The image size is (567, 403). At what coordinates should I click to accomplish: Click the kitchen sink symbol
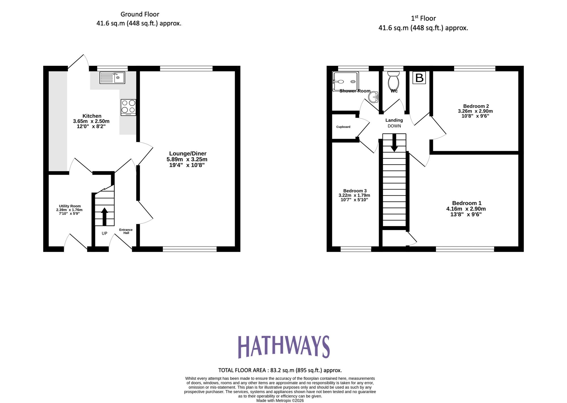(x=112, y=78)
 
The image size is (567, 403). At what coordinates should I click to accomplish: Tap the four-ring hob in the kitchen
(x=128, y=107)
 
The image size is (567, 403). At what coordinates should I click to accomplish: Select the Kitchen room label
(x=92, y=116)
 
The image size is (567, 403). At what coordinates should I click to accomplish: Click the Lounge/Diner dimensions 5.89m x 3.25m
(x=187, y=159)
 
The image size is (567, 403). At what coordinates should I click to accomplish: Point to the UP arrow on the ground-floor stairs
(x=104, y=216)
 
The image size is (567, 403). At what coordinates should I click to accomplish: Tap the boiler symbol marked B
(x=419, y=78)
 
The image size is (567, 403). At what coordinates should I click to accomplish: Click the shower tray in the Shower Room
(x=345, y=82)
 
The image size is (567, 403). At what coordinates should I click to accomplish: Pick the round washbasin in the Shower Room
(x=374, y=97)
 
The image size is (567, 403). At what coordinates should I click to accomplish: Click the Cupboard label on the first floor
(x=343, y=127)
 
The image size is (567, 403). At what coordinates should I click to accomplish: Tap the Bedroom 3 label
(x=355, y=191)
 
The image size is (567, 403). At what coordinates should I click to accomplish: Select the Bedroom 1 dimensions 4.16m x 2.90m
(x=466, y=209)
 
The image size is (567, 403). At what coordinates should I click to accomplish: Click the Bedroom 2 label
(x=476, y=106)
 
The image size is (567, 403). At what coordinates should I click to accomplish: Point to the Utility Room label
(x=70, y=206)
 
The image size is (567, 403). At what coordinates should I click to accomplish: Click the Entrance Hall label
(x=126, y=231)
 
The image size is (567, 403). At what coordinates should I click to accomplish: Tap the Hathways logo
(x=283, y=347)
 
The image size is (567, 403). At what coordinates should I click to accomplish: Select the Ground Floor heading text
(x=140, y=14)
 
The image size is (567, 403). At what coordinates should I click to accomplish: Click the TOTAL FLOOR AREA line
(x=280, y=370)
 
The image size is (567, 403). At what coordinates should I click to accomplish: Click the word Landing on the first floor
(x=394, y=120)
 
